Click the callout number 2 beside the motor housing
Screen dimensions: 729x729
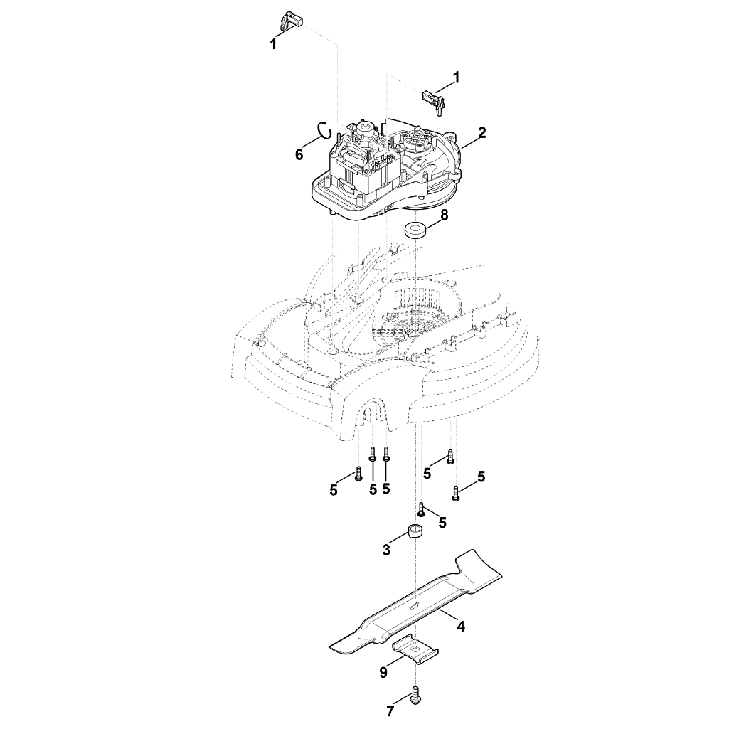click(481, 132)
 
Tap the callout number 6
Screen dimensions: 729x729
click(299, 155)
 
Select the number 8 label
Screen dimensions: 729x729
click(445, 215)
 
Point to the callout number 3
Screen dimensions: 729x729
click(386, 550)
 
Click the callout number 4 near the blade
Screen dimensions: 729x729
click(460, 627)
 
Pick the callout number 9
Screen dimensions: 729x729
click(383, 673)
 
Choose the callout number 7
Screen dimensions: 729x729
click(390, 711)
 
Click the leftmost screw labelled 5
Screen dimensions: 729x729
click(358, 486)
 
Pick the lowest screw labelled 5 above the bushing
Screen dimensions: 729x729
click(422, 509)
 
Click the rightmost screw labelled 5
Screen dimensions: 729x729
click(456, 494)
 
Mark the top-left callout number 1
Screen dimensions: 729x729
click(273, 44)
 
